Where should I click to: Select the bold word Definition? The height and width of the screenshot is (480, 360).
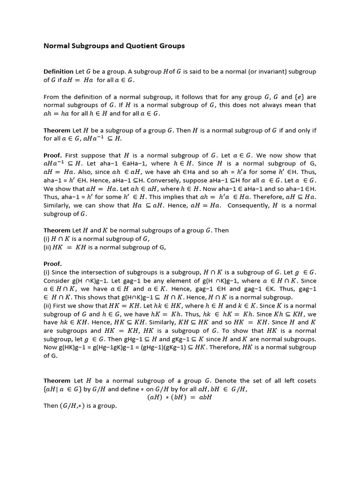(x=59, y=72)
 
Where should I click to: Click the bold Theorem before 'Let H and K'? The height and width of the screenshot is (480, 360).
(x=57, y=231)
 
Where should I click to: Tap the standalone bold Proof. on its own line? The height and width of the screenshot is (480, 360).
(x=53, y=263)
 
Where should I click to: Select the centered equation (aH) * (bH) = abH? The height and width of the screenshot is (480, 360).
(x=180, y=397)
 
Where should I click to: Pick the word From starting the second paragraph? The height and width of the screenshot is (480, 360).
(x=52, y=97)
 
